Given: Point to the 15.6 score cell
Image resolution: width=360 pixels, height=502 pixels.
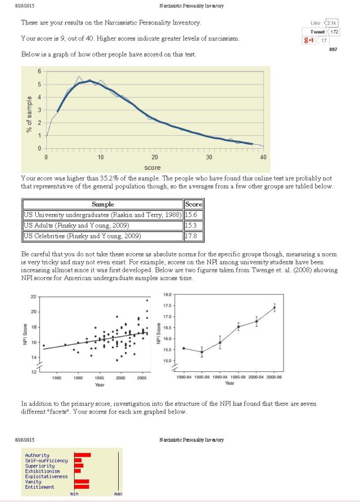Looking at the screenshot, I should (193, 215).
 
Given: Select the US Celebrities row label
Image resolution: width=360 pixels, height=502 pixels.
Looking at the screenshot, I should (82, 236).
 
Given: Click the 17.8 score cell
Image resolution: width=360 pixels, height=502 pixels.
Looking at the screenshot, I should (193, 236).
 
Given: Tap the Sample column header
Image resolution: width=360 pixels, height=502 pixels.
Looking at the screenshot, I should (103, 204).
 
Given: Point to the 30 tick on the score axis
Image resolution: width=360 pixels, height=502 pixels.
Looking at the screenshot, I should (209, 158).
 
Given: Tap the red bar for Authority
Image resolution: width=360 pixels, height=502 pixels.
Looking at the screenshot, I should (82, 455).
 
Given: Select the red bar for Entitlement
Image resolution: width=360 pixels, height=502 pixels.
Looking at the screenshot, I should (81, 487).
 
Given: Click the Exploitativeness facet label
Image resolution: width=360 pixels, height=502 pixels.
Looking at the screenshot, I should (47, 476).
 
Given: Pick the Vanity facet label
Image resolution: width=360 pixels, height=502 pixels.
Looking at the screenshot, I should (33, 482).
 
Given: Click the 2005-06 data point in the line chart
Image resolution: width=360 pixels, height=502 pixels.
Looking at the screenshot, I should (274, 308).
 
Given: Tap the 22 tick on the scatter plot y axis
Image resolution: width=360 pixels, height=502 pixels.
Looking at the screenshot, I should (33, 296).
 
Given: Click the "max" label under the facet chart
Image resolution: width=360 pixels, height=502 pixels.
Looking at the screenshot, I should (118, 494).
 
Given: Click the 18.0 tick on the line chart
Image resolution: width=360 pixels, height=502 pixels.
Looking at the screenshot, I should (167, 294).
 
